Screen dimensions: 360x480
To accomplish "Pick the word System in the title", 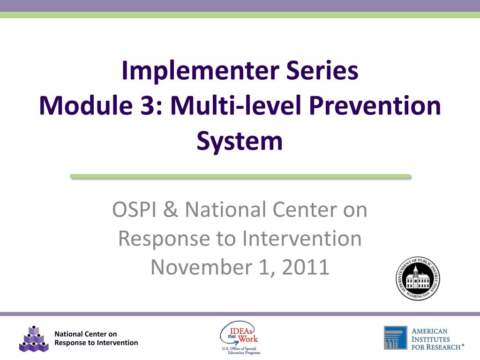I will (240, 141).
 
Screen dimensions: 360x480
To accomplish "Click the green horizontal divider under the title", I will (240, 176).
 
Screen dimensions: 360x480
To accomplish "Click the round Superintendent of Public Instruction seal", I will (418, 278).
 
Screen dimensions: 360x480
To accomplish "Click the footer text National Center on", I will (86, 334).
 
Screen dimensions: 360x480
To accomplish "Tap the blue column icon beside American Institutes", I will (396, 338).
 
